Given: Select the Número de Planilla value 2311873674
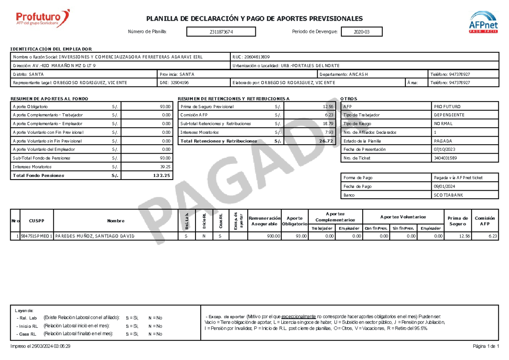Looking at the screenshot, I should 221,32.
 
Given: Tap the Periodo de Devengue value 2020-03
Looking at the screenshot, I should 361,32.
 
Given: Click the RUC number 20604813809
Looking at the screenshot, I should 255,57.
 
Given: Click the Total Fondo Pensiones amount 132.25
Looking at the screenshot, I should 162,175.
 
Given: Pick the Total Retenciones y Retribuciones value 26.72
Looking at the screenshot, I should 327,141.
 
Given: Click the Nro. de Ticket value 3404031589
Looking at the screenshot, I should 446,158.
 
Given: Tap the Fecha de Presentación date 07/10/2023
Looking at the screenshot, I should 445,149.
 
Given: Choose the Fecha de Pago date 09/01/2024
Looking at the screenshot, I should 445,186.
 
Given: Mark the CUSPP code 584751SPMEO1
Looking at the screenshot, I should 36,236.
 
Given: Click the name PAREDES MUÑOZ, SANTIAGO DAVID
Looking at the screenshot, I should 95,236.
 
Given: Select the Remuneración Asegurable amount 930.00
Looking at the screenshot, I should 273,236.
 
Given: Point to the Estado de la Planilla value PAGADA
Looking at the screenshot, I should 443,141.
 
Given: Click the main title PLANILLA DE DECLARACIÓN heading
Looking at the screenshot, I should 254,19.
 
